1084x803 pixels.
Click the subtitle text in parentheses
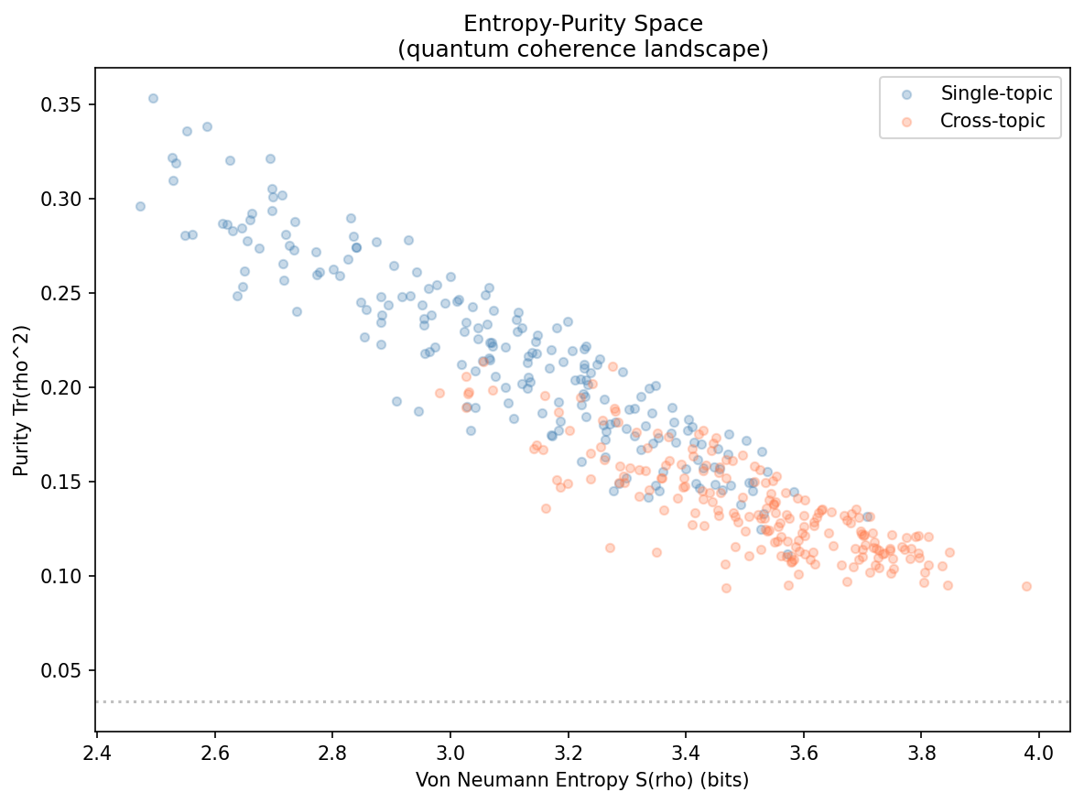582,49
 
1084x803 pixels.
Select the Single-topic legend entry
997,92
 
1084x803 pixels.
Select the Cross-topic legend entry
992,121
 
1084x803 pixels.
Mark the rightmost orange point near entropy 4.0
1026,586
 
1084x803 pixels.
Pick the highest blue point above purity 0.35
153,98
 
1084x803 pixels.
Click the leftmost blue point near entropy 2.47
140,206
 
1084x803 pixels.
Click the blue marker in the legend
906,93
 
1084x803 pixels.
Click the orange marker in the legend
906,121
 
